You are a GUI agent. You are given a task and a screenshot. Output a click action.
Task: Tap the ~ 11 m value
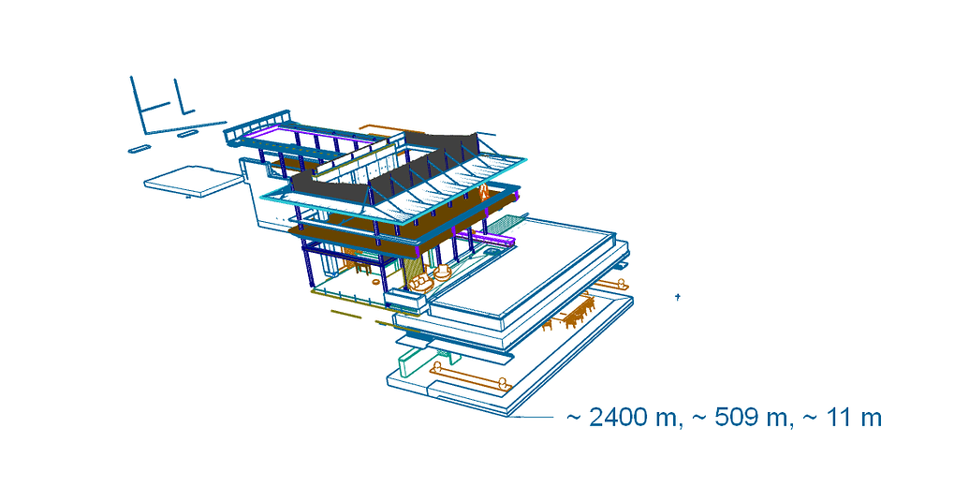point(843,418)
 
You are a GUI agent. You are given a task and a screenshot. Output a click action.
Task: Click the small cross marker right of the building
point(678,297)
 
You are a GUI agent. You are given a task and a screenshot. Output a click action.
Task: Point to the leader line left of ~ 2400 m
point(533,417)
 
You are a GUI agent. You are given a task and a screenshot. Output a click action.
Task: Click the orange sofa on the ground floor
point(421,284)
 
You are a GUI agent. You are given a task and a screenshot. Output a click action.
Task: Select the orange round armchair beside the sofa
point(442,273)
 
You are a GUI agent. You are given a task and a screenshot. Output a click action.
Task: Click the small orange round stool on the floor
point(376,282)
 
